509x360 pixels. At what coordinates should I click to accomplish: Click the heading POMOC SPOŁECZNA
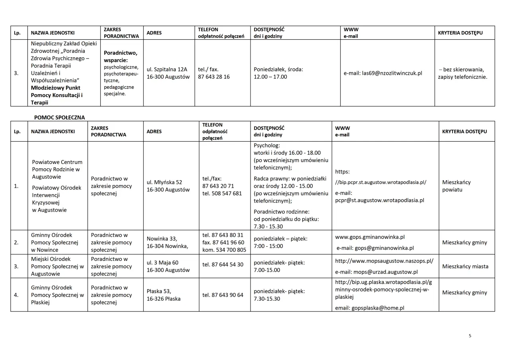[x=59, y=117]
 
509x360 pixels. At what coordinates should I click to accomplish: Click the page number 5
[x=470, y=336]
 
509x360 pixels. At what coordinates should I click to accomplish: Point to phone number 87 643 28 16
[x=214, y=77]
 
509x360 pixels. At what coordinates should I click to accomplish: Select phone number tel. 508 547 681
[x=222, y=193]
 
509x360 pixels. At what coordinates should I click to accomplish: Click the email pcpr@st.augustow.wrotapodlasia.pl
[x=379, y=200]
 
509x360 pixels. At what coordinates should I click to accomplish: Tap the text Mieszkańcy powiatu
[x=456, y=186]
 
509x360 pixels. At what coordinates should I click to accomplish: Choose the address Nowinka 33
[x=162, y=239]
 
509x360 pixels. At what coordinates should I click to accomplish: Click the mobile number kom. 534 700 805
[x=224, y=250]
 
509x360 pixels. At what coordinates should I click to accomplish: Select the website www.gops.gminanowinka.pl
[x=370, y=237]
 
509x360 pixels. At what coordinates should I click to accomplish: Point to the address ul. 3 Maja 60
[x=163, y=263]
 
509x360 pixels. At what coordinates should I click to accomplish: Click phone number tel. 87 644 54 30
[x=223, y=265]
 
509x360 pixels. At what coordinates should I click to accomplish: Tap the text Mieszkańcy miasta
[x=465, y=267]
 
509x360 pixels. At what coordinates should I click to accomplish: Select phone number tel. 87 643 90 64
[x=223, y=295]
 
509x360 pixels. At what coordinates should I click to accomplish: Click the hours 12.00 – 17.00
[x=270, y=77]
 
